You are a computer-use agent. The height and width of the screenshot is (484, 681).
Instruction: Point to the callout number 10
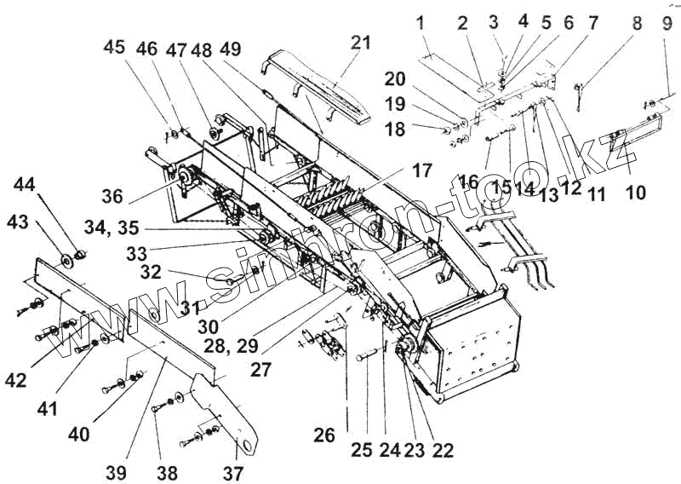635,194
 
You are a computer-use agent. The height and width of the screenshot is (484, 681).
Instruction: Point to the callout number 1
420,25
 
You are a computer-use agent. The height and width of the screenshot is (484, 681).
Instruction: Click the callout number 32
151,273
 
